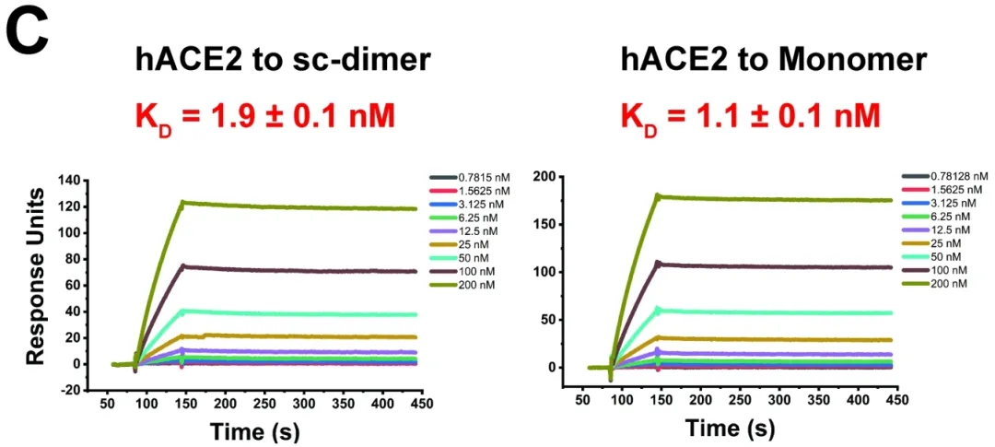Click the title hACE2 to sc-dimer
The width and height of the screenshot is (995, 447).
tap(280, 63)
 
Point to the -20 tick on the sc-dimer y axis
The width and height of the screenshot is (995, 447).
tap(68, 390)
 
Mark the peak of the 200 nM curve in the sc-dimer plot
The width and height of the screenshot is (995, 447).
tap(183, 202)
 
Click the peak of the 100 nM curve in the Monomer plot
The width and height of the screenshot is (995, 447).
tap(657, 263)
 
